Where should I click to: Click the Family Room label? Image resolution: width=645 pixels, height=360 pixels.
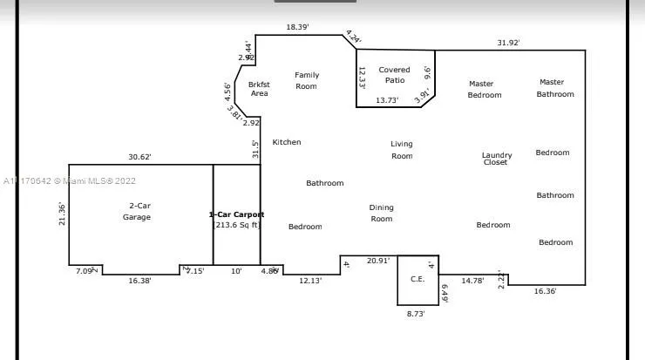[x=306, y=80]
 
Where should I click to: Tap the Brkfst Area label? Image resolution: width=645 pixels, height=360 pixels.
[x=259, y=88]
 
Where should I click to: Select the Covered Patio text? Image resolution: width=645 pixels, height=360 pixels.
[x=394, y=75]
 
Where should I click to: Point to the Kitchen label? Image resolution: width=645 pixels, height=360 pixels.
[x=287, y=142]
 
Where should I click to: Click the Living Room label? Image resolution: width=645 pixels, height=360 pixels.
[x=402, y=150]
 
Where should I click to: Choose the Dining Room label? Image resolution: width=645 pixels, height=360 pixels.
[x=381, y=213]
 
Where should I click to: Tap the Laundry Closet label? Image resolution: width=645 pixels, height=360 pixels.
[x=497, y=159]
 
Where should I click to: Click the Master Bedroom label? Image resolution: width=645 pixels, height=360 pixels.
[x=484, y=89]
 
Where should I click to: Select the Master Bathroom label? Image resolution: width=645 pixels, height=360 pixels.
[x=555, y=88]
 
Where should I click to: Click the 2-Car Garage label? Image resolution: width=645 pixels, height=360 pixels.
[x=136, y=211]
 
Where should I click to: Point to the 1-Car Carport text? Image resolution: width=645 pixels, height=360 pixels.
[x=236, y=214]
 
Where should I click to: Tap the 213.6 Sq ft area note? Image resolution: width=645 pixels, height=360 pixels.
[x=237, y=225]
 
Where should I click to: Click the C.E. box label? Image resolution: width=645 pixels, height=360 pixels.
[x=418, y=279]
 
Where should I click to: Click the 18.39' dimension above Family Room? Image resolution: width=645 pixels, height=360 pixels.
[x=298, y=28]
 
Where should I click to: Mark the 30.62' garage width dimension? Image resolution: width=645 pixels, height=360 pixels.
[x=139, y=157]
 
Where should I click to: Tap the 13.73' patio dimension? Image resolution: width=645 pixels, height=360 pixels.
[x=387, y=101]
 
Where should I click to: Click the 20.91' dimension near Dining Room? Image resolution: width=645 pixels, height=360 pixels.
[x=378, y=261]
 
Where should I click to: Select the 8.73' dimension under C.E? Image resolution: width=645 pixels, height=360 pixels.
[x=417, y=313]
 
